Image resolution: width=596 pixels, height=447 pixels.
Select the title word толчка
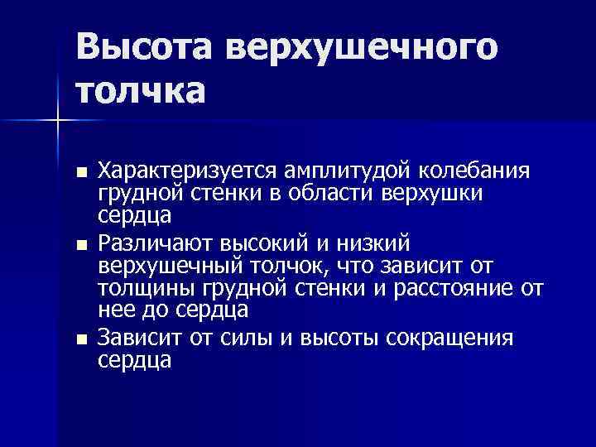point(140,89)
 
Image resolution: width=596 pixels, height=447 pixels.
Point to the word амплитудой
point(334,171)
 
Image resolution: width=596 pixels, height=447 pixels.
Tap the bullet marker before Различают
point(80,246)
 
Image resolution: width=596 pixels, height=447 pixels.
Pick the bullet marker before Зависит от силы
point(80,340)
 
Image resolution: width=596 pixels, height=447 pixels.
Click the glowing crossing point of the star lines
point(57,122)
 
